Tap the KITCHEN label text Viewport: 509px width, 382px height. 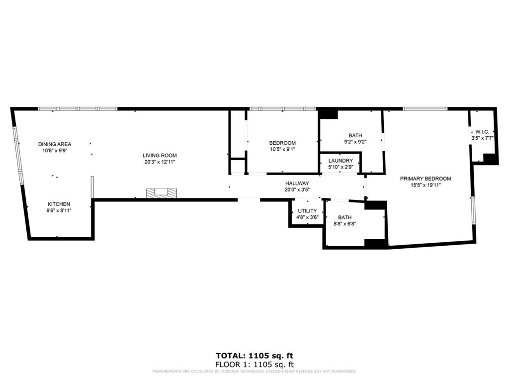point(59,204)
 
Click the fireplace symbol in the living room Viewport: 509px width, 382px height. point(161,192)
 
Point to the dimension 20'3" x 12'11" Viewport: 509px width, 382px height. point(160,162)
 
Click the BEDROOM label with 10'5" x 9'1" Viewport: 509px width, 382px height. point(282,143)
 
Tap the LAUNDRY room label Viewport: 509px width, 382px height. point(340,161)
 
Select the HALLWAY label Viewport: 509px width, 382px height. point(297,183)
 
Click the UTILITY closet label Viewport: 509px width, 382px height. point(307,210)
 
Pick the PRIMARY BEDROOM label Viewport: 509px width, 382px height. point(425,179)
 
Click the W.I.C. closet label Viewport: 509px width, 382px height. point(482,131)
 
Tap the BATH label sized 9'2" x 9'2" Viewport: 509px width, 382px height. point(355,135)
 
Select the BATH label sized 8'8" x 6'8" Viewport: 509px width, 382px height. point(344,217)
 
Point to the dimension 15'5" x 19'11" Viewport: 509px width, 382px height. point(425,185)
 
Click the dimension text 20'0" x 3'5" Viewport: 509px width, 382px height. point(297,190)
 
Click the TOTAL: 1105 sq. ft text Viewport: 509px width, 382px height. point(254,356)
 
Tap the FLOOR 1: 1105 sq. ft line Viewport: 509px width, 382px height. point(254,364)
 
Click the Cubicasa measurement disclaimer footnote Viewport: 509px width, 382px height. point(254,372)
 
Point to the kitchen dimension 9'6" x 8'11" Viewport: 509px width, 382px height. point(59,210)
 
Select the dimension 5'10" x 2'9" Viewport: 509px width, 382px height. point(340,167)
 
